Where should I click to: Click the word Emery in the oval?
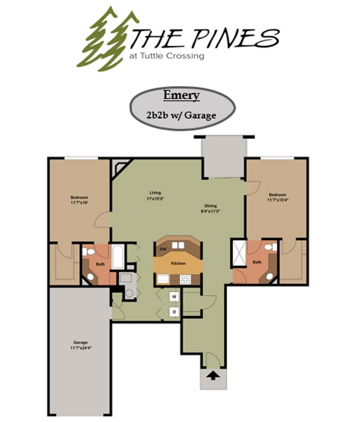(181, 95)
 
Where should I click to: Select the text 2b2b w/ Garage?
(181, 115)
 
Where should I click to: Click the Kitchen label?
(178, 264)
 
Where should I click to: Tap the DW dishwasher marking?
(163, 249)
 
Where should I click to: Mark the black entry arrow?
(213, 376)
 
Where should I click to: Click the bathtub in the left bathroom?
(118, 257)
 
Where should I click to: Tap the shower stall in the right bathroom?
(239, 253)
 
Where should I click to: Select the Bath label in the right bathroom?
(257, 262)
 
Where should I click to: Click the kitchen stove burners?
(184, 279)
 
